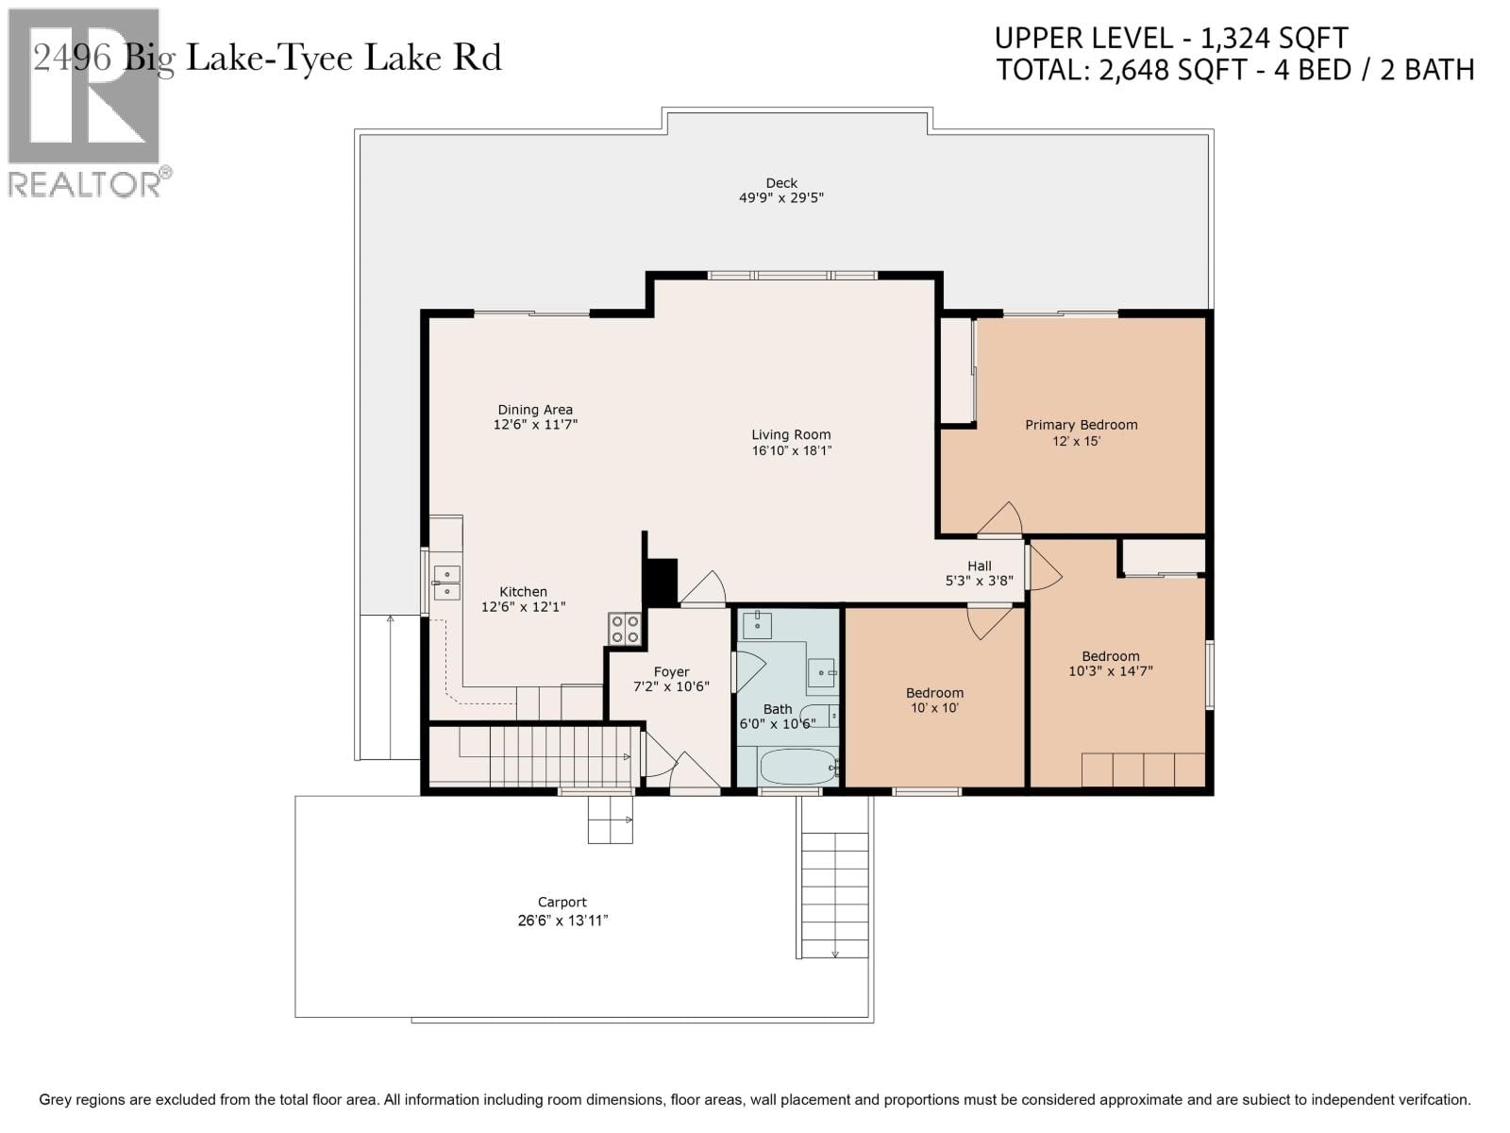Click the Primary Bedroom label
(1081, 425)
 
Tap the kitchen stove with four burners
(625, 629)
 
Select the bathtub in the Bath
(798, 767)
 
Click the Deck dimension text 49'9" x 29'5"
(781, 198)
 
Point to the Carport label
(562, 902)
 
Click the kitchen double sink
(446, 583)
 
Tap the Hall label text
(979, 566)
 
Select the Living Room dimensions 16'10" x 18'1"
(791, 451)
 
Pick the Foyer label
(671, 672)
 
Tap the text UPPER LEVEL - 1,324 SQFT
(1171, 39)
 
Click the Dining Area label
(535, 410)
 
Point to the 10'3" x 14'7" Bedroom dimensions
(1111, 671)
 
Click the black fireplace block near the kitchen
(661, 582)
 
